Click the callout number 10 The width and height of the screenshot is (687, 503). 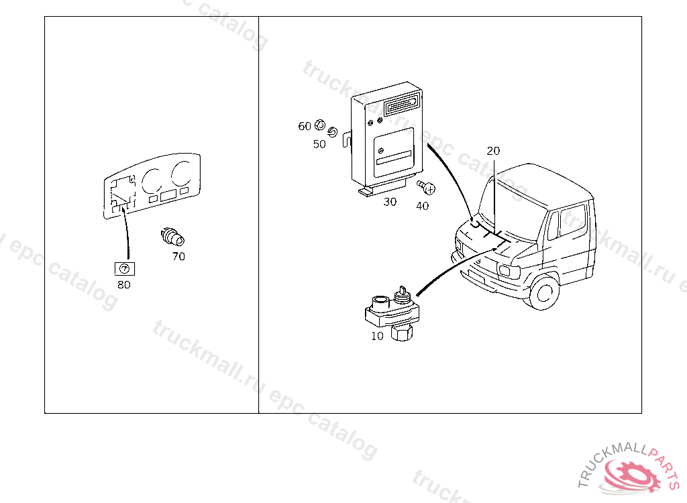click(x=377, y=336)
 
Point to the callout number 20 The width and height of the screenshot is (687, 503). click(x=493, y=152)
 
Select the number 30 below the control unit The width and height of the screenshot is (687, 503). click(x=390, y=202)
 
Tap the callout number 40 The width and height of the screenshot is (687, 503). click(x=422, y=206)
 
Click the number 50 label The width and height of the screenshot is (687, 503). click(x=319, y=144)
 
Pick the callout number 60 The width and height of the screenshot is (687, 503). click(x=305, y=126)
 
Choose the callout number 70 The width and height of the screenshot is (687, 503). click(x=178, y=256)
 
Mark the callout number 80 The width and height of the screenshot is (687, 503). click(x=124, y=284)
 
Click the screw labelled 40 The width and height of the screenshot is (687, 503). click(x=424, y=187)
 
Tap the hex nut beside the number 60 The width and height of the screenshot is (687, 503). click(x=320, y=125)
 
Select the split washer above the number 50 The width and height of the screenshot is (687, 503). click(x=332, y=129)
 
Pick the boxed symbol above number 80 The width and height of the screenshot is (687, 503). click(x=124, y=269)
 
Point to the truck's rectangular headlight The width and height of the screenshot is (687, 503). click(x=504, y=270)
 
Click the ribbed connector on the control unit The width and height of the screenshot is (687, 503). click(x=403, y=105)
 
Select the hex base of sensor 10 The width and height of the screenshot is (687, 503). click(x=403, y=333)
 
